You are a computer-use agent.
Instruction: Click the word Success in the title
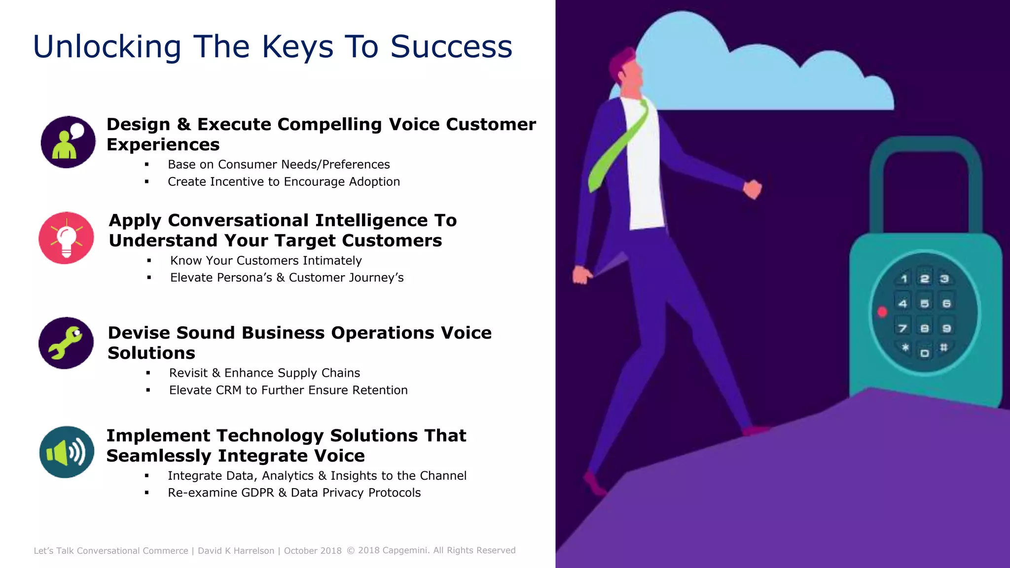click(x=451, y=47)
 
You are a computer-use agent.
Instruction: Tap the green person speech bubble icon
click(x=68, y=142)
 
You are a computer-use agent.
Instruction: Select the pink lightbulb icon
click(x=66, y=238)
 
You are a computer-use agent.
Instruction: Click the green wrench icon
click(x=66, y=343)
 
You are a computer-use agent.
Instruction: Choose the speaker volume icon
click(x=67, y=452)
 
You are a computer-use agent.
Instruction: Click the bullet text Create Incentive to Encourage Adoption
click(x=284, y=182)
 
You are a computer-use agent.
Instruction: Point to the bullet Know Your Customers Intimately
click(x=266, y=261)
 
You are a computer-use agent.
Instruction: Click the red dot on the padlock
click(x=882, y=312)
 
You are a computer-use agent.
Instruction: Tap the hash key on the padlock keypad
click(x=943, y=348)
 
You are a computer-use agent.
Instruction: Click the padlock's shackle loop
click(x=925, y=168)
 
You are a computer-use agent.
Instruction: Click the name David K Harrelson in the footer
click(x=236, y=551)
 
